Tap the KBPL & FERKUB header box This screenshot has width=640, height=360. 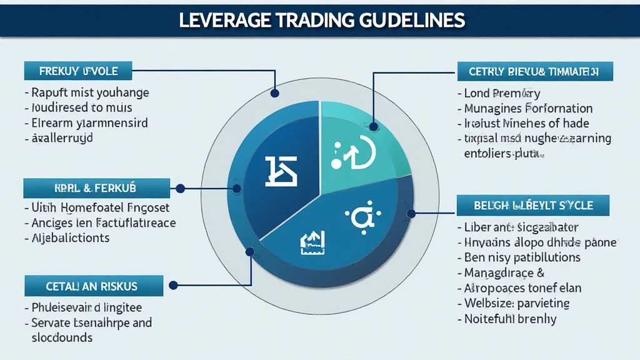[97, 188]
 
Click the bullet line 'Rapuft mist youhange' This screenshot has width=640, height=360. [87, 92]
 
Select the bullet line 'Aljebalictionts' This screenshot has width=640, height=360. [70, 238]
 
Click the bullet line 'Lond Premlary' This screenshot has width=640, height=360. [502, 93]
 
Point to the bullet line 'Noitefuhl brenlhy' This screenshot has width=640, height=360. [510, 319]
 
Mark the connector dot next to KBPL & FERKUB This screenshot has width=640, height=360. [180, 188]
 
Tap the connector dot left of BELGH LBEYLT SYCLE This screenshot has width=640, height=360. [411, 213]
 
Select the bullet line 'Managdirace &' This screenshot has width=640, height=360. [504, 273]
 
